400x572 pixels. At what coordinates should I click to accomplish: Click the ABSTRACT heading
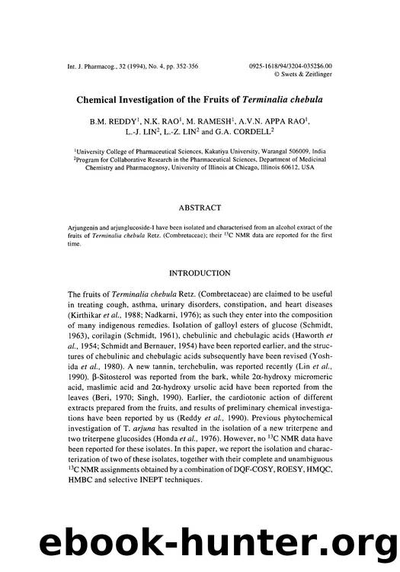[x=200, y=207]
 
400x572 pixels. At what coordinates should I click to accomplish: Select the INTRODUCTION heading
[x=200, y=273]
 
